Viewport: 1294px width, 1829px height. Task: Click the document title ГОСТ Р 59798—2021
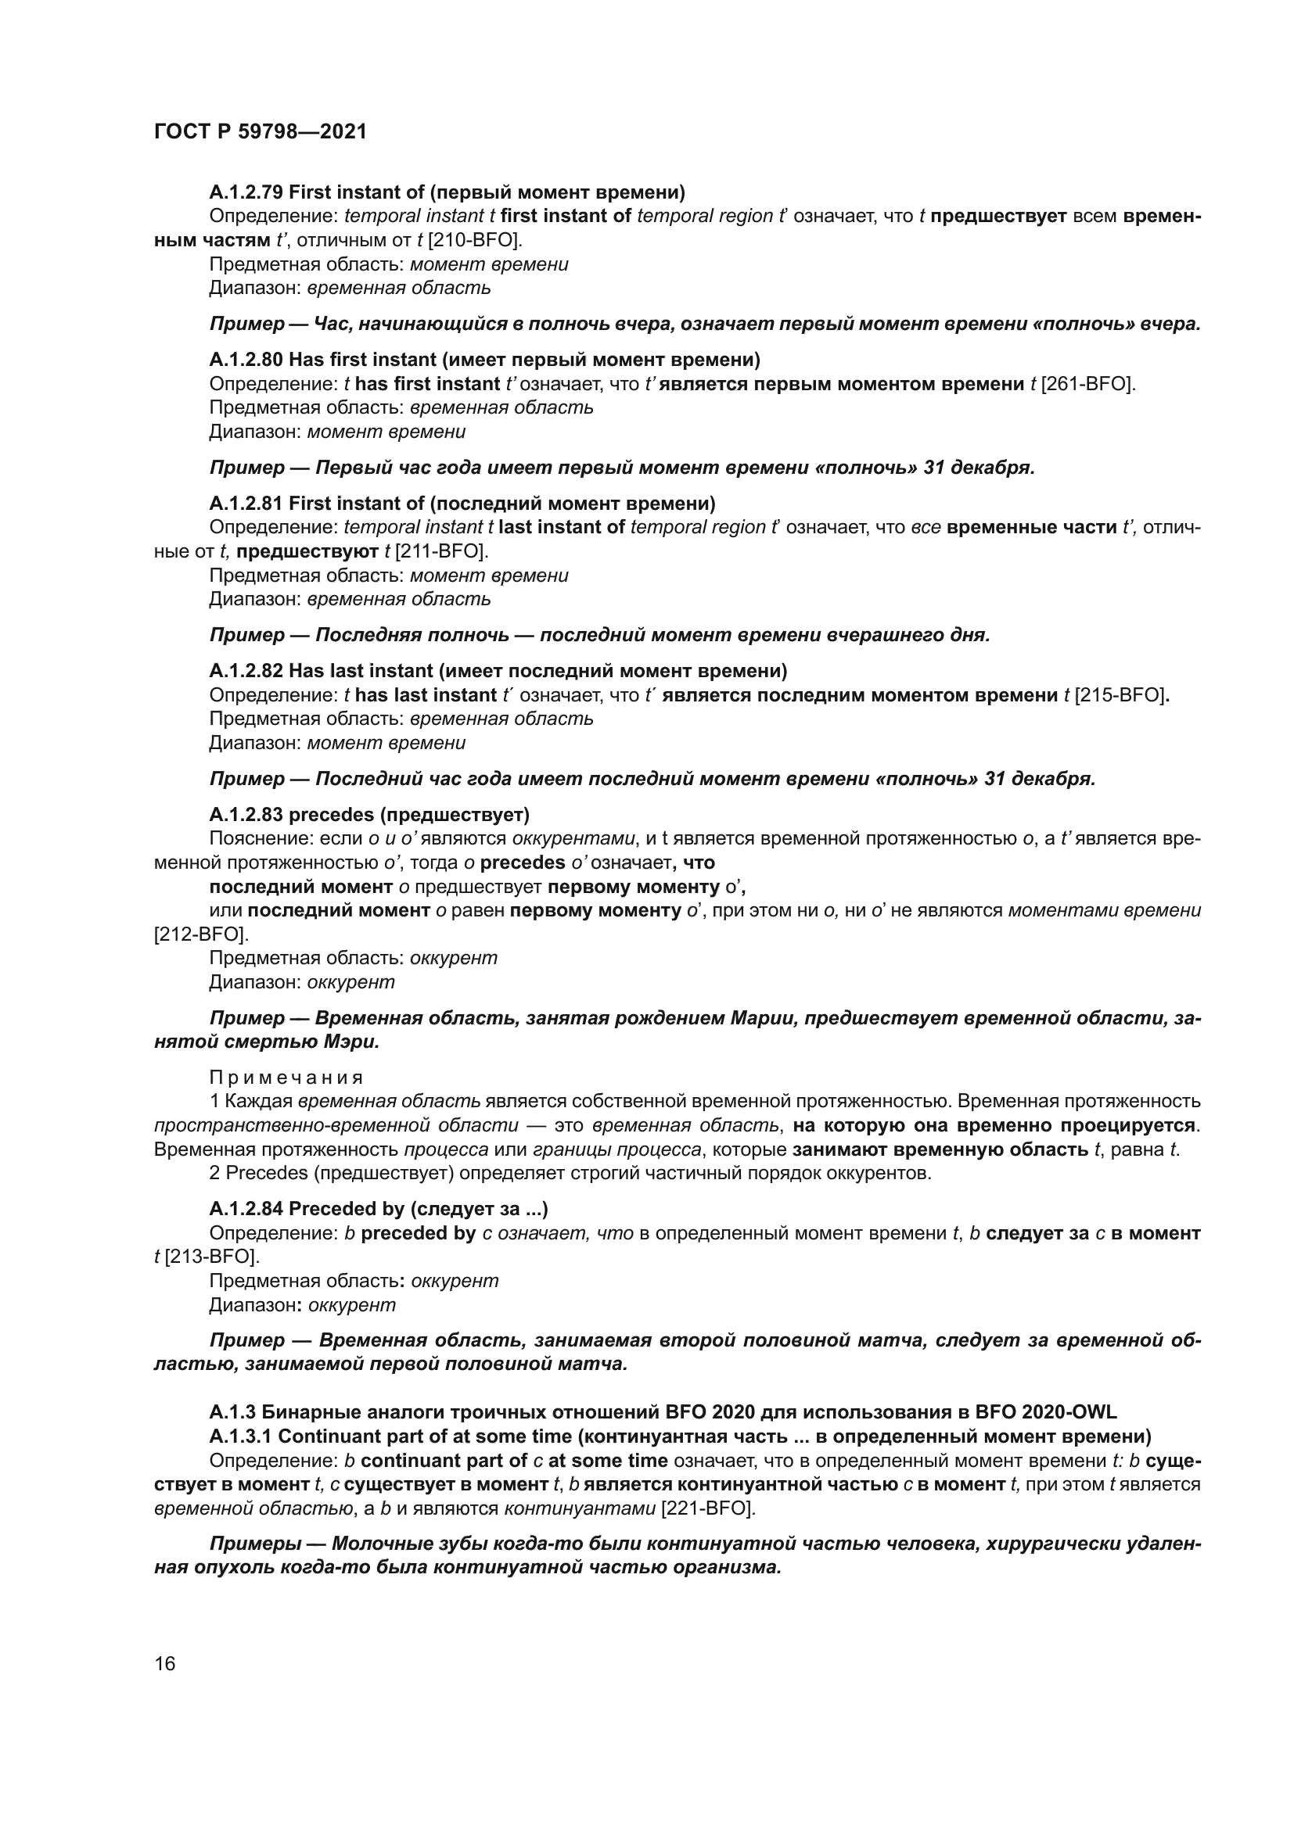pos(261,132)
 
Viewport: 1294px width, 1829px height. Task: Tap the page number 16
pos(165,1663)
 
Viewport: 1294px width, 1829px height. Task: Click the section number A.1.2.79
pos(246,192)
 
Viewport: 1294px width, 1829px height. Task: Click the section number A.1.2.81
pos(246,504)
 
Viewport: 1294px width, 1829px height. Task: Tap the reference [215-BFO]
pos(1121,695)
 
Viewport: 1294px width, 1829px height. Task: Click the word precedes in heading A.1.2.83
pos(331,815)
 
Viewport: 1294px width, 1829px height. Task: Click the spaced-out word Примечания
pos(286,1078)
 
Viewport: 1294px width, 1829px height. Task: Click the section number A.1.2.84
pos(246,1209)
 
